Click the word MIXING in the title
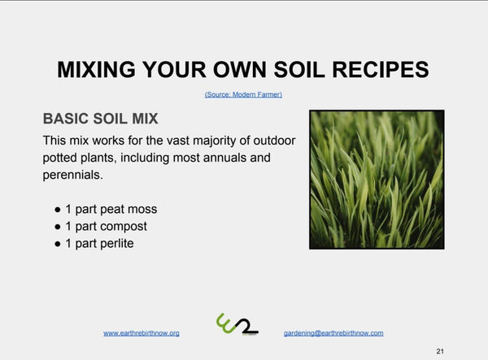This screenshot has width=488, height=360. tap(97, 69)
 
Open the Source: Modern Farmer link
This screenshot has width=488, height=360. tap(243, 94)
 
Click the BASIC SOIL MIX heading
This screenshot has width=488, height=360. tap(101, 119)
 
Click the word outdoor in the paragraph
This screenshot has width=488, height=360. tap(274, 141)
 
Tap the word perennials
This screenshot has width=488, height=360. tap(72, 176)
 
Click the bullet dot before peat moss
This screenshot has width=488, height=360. tap(58, 210)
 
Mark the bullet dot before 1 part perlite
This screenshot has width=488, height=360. tap(58, 244)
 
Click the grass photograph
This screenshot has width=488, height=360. tap(377, 180)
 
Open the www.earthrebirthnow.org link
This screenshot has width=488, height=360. tap(142, 333)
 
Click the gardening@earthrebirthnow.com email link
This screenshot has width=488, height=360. tap(333, 333)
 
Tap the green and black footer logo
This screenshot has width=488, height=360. tap(237, 324)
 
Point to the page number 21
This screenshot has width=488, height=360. tap(440, 351)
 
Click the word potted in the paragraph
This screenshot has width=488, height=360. tap(59, 158)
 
